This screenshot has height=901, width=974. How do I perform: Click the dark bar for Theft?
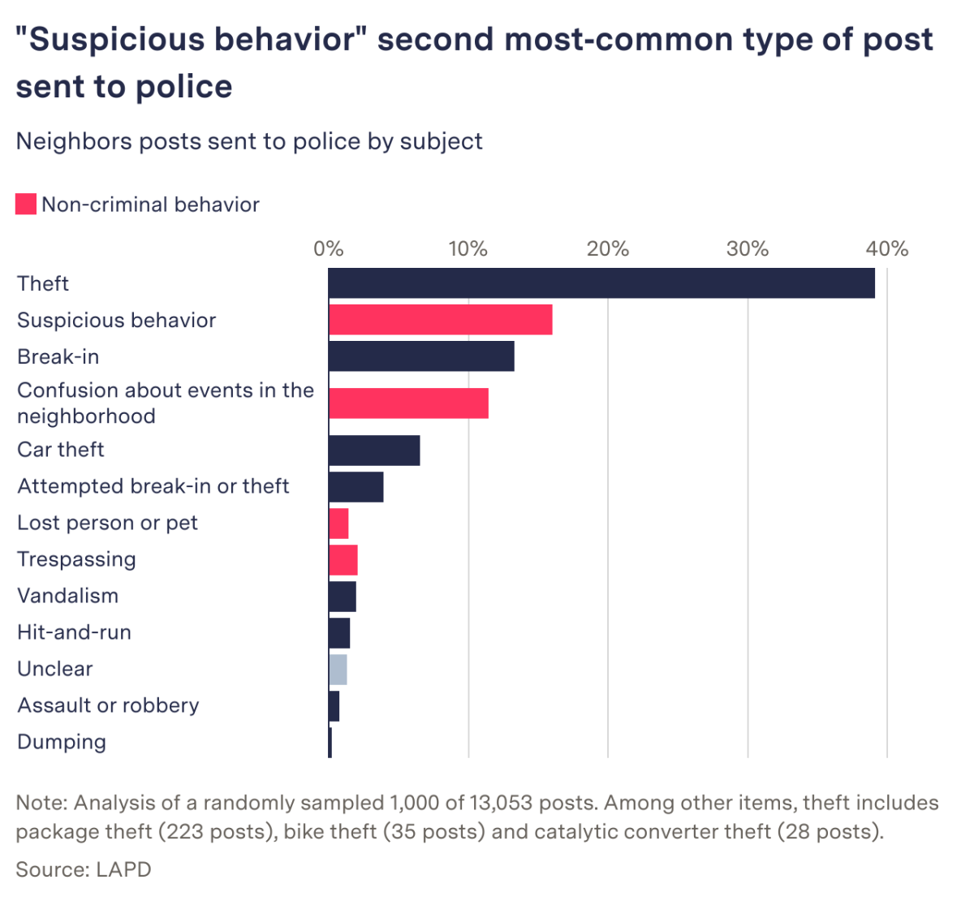(601, 283)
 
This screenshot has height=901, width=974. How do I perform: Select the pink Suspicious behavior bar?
(440, 320)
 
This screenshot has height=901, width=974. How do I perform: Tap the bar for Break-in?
(421, 356)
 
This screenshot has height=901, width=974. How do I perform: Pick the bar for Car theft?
(374, 450)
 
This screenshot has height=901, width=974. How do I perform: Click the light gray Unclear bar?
(338, 669)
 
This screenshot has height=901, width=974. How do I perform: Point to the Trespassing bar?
(343, 559)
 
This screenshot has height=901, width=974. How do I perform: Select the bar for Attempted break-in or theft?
(356, 486)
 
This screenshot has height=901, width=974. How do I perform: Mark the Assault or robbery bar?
(334, 705)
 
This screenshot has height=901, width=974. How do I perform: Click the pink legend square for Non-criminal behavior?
(26, 205)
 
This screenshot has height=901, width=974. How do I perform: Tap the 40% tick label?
(886, 248)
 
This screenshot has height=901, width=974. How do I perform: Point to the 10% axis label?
(468, 248)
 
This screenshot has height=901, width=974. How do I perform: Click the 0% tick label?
(328, 248)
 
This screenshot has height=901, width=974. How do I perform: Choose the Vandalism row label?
(67, 596)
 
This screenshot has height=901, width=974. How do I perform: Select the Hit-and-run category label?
(74, 632)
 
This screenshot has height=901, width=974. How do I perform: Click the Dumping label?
(62, 742)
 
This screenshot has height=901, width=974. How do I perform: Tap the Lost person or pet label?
(107, 523)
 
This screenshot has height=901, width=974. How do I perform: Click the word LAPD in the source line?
(123, 869)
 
